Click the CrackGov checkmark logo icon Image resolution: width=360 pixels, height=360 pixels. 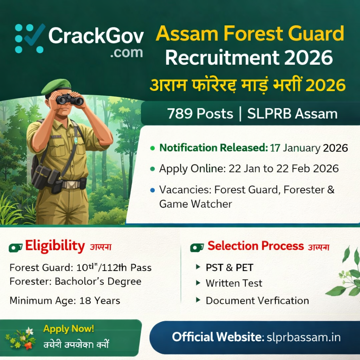[x=30, y=38]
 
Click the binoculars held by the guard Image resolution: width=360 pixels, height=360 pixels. [x=70, y=100]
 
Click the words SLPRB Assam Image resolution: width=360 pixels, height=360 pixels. [x=292, y=114]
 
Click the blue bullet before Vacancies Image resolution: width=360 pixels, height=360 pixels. [x=152, y=190]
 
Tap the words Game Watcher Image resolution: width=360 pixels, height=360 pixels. [x=195, y=204]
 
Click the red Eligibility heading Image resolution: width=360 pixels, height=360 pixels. [x=55, y=246]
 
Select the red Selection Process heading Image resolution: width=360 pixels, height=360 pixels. [x=256, y=246]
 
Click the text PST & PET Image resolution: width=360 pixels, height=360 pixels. [x=229, y=268]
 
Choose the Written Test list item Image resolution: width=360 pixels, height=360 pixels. [x=234, y=283]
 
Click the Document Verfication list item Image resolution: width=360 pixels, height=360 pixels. [x=257, y=301]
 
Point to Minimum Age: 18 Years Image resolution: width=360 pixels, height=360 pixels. [x=65, y=301]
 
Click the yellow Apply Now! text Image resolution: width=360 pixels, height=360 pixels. [x=69, y=329]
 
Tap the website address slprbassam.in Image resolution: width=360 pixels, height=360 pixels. [x=304, y=337]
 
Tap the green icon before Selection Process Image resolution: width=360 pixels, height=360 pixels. [x=197, y=247]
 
